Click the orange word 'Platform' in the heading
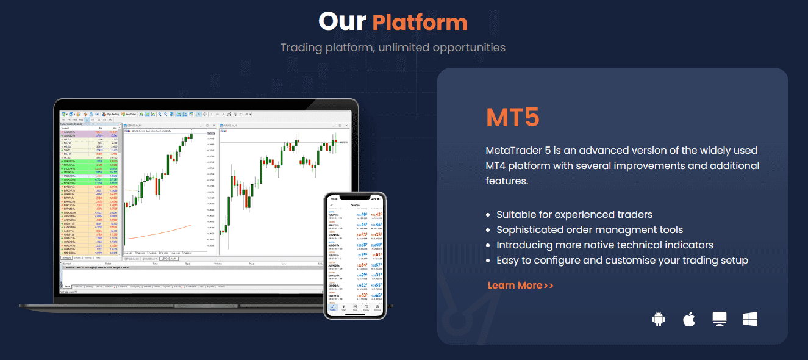[x=420, y=23]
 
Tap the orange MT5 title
[x=513, y=118]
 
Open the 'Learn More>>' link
[x=520, y=285]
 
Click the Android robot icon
[x=658, y=319]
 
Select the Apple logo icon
[x=689, y=319]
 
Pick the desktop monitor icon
[x=720, y=319]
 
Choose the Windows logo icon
[x=749, y=319]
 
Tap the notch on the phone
[x=355, y=197]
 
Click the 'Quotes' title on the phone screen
[x=355, y=206]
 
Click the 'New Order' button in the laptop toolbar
[x=129, y=114]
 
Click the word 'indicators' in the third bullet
[x=684, y=245]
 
